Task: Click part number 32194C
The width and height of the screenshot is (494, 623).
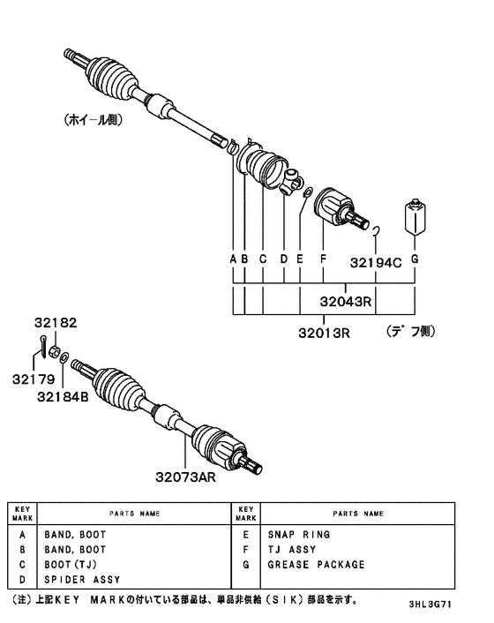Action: pos(376,261)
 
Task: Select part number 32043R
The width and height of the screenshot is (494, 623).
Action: pos(347,303)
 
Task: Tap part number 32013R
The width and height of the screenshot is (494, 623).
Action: pos(322,334)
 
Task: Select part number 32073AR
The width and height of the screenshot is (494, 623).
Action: pos(187,477)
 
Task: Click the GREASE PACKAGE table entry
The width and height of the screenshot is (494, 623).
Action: pos(317,565)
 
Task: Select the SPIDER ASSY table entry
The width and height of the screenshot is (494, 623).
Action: pos(82,580)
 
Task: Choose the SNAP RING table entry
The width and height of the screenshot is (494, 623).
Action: pos(299,535)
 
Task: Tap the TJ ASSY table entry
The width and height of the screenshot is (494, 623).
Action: pos(291,550)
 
